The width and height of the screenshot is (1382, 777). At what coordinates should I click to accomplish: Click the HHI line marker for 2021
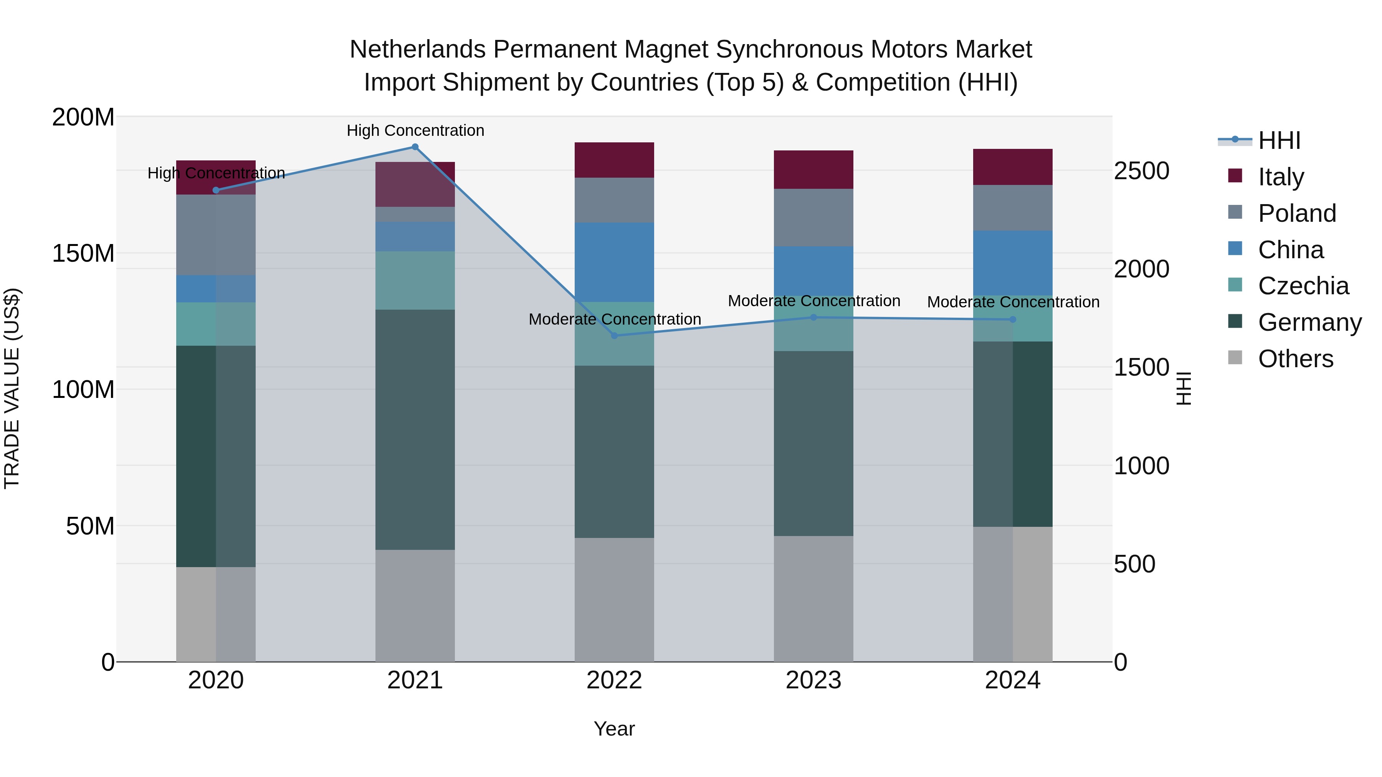coord(415,147)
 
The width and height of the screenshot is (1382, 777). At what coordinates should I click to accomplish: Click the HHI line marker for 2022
coord(614,336)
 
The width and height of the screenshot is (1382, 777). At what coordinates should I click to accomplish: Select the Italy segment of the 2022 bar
coord(614,160)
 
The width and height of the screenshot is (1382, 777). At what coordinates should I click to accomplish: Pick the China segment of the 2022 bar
coord(614,262)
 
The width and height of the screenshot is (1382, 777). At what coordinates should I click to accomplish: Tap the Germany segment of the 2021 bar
coord(415,429)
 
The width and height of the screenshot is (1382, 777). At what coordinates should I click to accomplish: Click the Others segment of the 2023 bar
coord(813,599)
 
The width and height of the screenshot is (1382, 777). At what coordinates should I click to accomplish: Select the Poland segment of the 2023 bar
coord(813,217)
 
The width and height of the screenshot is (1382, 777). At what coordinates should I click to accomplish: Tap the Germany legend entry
coord(1309,322)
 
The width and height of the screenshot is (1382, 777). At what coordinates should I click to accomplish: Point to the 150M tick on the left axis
coord(83,253)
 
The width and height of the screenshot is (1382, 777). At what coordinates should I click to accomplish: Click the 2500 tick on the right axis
coord(1141,171)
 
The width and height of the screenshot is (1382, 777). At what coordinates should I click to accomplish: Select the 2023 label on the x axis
coord(813,680)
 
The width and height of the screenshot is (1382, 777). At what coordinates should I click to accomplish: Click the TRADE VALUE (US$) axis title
coord(12,388)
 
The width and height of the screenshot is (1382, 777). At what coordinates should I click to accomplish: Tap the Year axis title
coord(614,729)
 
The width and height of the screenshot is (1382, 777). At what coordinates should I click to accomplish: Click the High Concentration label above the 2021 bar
coord(415,130)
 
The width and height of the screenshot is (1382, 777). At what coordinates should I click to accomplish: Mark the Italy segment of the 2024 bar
coord(1012,167)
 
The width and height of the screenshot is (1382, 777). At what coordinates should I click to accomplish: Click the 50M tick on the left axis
coord(90,526)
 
